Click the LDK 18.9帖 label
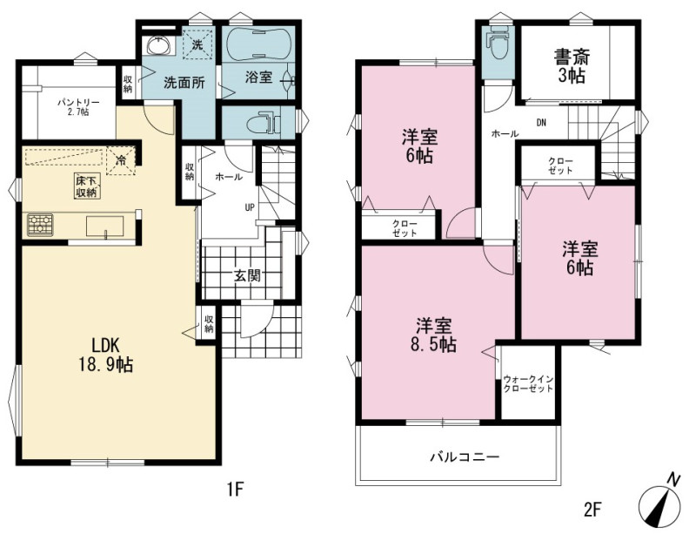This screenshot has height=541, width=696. click(105, 355)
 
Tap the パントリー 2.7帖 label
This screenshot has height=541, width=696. click(78, 107)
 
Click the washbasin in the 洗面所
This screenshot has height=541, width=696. click(158, 45)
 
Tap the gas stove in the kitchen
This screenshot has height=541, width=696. click(40, 225)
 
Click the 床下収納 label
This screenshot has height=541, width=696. click(86, 186)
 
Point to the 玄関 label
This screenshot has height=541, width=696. click(247, 276)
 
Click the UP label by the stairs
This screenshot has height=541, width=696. click(250, 207)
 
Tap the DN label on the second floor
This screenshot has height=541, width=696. click(541, 123)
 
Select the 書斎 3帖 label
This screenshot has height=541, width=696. click(572, 67)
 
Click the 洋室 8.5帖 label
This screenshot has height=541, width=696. click(433, 335)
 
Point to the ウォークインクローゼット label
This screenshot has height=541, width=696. click(528, 384)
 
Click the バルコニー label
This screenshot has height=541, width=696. click(465, 457)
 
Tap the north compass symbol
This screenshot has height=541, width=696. click(660, 503)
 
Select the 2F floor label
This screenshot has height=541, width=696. click(592, 509)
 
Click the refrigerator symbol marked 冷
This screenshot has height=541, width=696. click(121, 160)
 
